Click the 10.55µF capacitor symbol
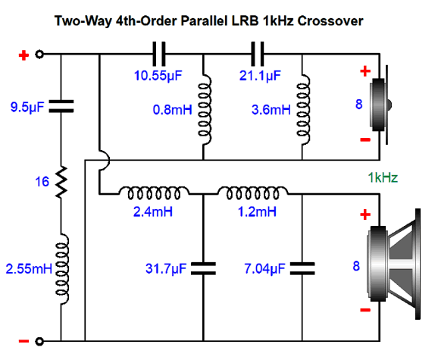159,54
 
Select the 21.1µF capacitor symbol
258,54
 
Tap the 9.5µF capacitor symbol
61,106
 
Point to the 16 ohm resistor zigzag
61,182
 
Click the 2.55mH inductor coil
62,269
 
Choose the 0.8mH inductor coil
205,109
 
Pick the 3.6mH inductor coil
303,109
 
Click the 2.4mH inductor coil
154,193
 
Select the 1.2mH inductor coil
253,193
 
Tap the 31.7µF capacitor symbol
203,268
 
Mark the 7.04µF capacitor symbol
302,268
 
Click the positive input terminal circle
39,54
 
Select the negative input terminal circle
39,341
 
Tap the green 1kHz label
383,177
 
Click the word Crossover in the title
330,21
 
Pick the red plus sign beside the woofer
365,214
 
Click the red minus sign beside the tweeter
365,139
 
